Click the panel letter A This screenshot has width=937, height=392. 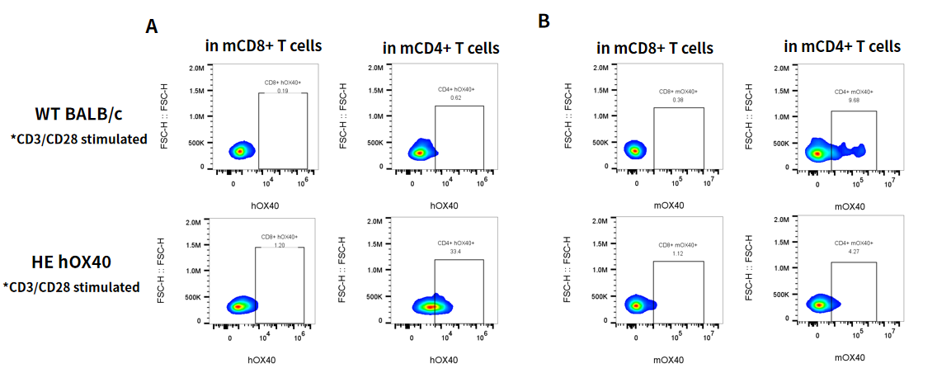point(152,26)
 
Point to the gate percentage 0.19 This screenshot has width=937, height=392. point(282,90)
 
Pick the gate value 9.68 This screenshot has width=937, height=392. point(853,101)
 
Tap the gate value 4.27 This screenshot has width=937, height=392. point(853,252)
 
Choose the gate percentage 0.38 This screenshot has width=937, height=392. point(678,100)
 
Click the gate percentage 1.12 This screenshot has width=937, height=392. point(678,253)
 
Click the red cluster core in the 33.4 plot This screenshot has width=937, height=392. point(431,307)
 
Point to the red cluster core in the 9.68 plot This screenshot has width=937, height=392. point(817,153)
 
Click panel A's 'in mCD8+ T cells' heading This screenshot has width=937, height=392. point(264,45)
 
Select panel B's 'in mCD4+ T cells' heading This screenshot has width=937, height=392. point(842,45)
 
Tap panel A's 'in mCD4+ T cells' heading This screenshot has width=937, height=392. point(440,47)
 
